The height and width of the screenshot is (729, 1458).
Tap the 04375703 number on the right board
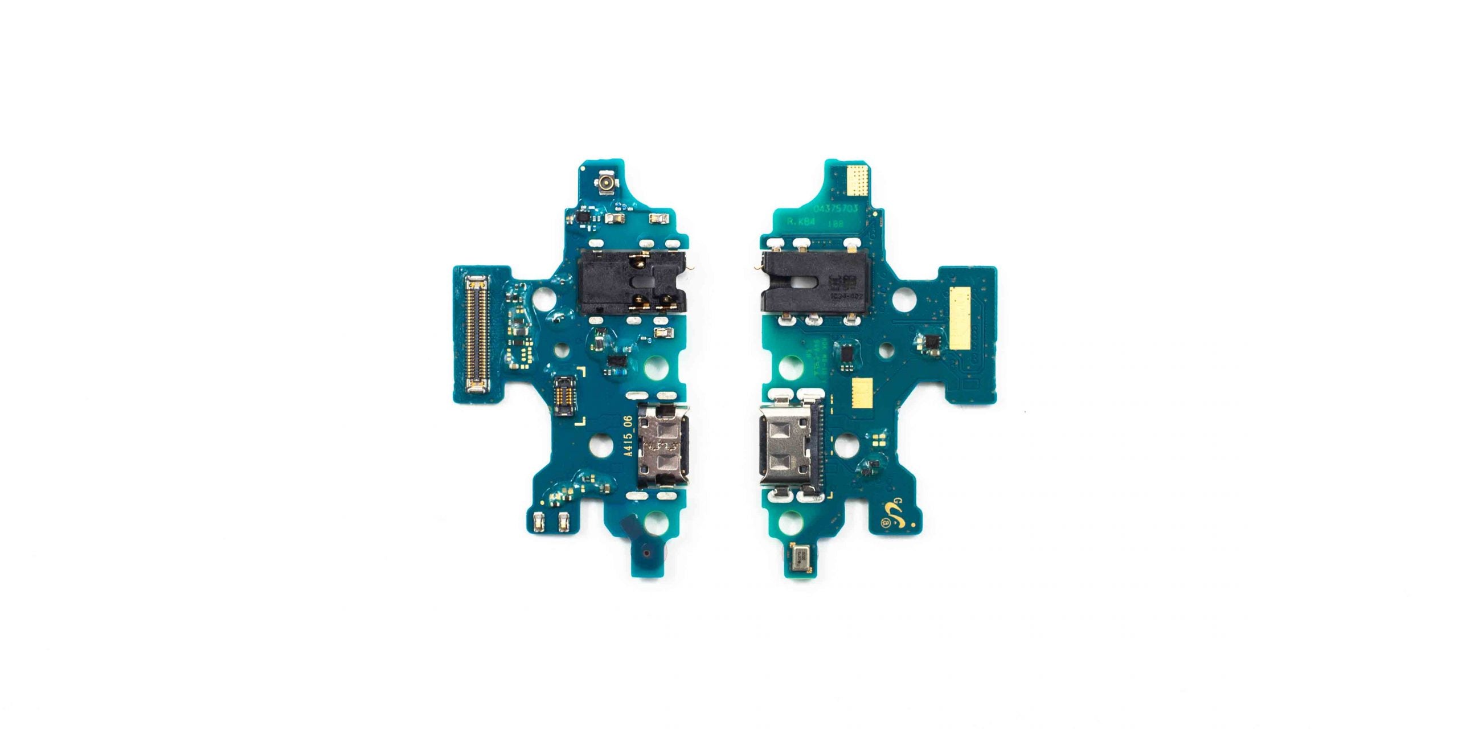[836, 208]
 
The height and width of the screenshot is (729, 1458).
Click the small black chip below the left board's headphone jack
[617, 360]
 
